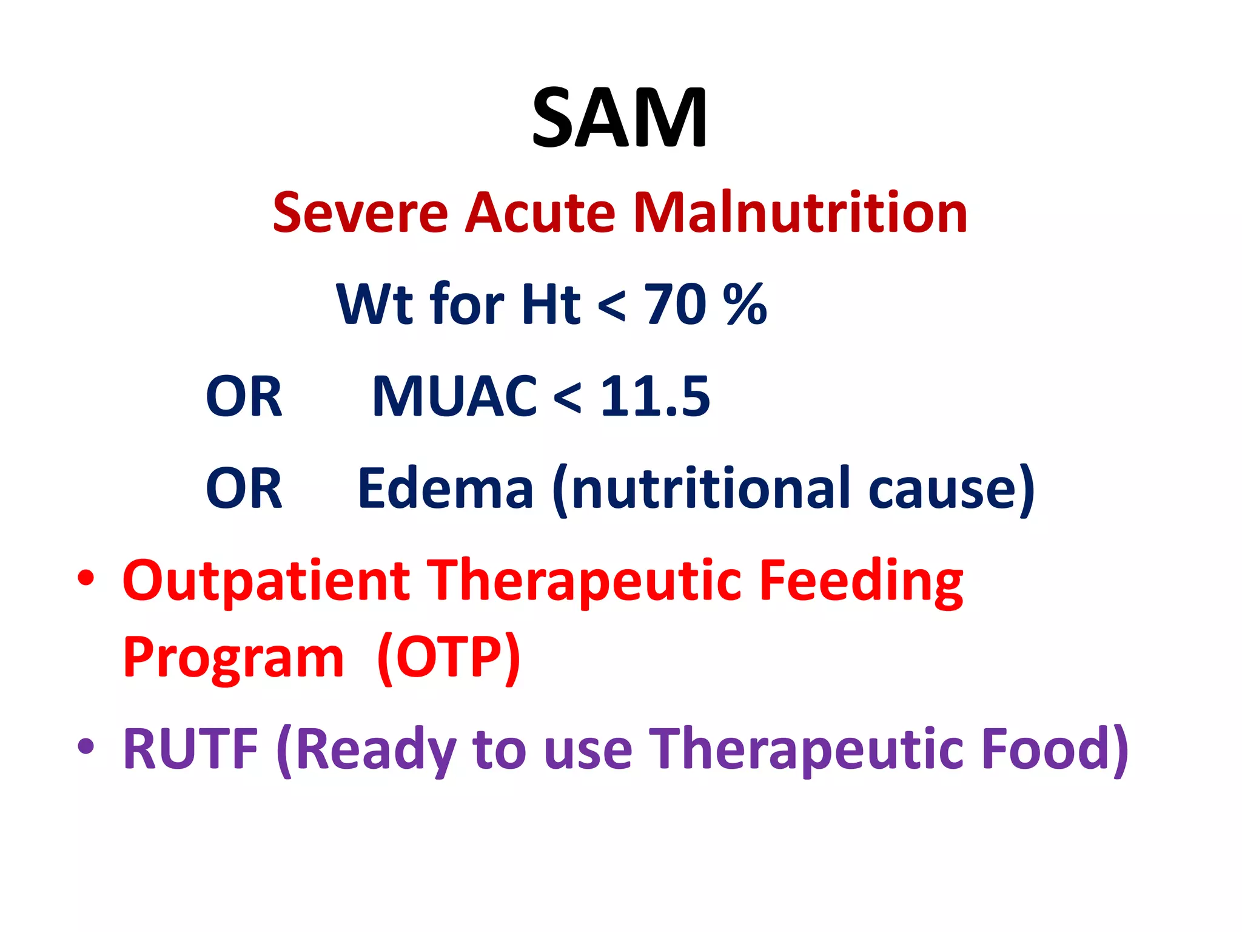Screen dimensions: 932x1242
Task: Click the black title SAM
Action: (x=619, y=118)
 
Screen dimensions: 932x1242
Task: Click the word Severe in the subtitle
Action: (x=360, y=213)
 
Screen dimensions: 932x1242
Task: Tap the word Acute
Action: (x=540, y=213)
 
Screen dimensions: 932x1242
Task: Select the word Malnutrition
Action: (x=800, y=213)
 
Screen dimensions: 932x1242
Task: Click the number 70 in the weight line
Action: (x=675, y=305)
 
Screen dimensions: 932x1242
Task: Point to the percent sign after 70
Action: (x=745, y=305)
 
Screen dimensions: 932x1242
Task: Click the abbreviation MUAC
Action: (x=454, y=397)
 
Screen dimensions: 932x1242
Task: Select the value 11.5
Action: (x=655, y=397)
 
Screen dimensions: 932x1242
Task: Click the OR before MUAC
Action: (x=244, y=397)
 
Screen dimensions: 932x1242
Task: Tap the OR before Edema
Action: (x=244, y=488)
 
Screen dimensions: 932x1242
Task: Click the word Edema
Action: (x=446, y=488)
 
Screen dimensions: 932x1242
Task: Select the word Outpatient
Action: (x=266, y=581)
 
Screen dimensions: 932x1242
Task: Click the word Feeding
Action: (x=861, y=581)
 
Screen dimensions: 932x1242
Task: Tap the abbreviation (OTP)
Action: (x=448, y=658)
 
